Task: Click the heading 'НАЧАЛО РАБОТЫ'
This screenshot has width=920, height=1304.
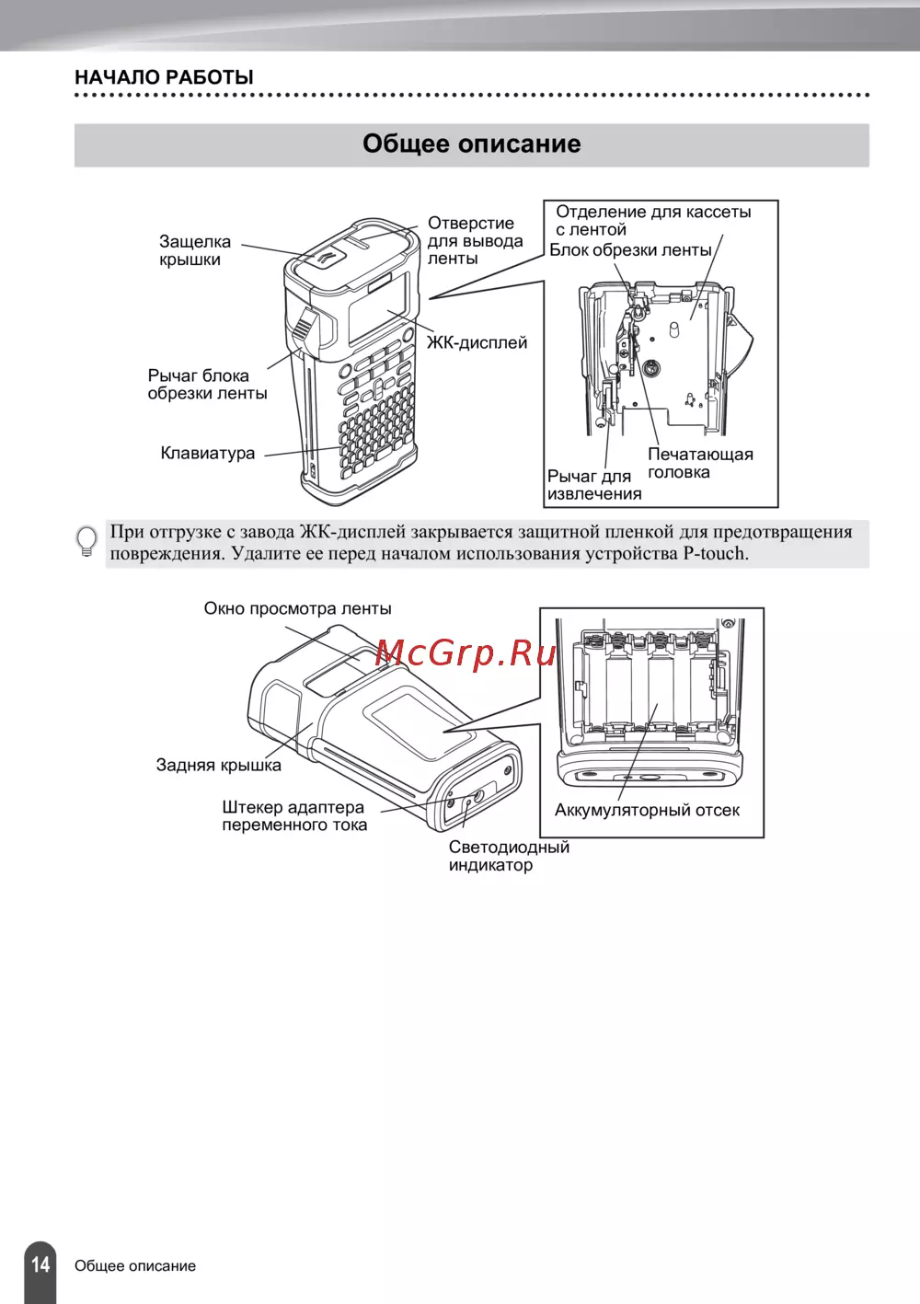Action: click(x=164, y=77)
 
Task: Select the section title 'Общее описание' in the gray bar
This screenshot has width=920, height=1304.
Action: click(x=471, y=144)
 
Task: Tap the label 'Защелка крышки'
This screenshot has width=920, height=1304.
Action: click(x=195, y=250)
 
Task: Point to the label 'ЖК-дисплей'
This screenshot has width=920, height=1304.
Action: click(x=477, y=342)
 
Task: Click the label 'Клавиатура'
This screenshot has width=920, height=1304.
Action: click(x=208, y=453)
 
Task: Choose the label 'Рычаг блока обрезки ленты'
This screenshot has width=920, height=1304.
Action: click(x=207, y=385)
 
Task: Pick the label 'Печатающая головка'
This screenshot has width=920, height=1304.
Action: click(x=701, y=463)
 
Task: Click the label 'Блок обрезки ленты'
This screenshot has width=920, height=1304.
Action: click(x=630, y=249)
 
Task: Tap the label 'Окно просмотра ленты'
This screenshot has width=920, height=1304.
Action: click(x=297, y=609)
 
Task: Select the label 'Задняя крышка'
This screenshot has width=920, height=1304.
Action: click(x=219, y=765)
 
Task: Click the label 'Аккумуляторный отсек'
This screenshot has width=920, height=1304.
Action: click(x=647, y=810)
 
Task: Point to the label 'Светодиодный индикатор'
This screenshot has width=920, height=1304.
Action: click(x=509, y=856)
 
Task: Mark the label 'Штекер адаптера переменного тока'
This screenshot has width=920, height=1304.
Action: click(x=294, y=815)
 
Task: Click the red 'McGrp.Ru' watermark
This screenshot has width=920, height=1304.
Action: click(x=466, y=652)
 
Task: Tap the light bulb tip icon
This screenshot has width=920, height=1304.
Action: click(x=87, y=541)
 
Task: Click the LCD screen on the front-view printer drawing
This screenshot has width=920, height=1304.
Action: click(x=377, y=307)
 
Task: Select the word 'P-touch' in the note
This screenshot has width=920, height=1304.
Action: click(x=714, y=553)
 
